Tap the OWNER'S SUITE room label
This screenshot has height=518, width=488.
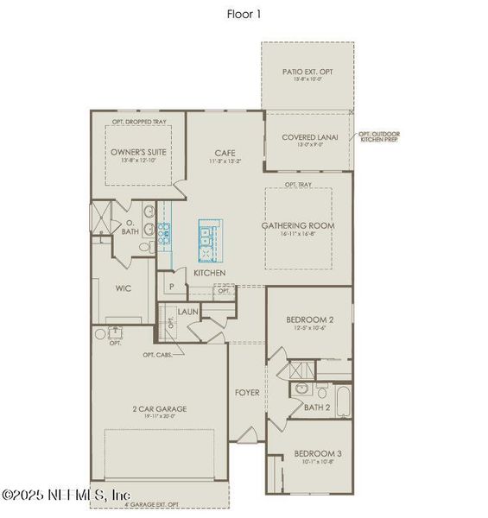(138, 152)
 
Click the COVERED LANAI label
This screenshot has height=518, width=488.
(309, 137)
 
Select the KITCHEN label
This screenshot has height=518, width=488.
(210, 273)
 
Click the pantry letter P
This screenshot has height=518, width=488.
(172, 286)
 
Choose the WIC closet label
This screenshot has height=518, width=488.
(123, 290)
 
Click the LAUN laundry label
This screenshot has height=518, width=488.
(188, 312)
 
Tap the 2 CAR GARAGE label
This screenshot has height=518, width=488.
(159, 408)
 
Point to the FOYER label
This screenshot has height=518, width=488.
(247, 393)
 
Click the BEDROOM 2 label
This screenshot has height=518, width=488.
(309, 320)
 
